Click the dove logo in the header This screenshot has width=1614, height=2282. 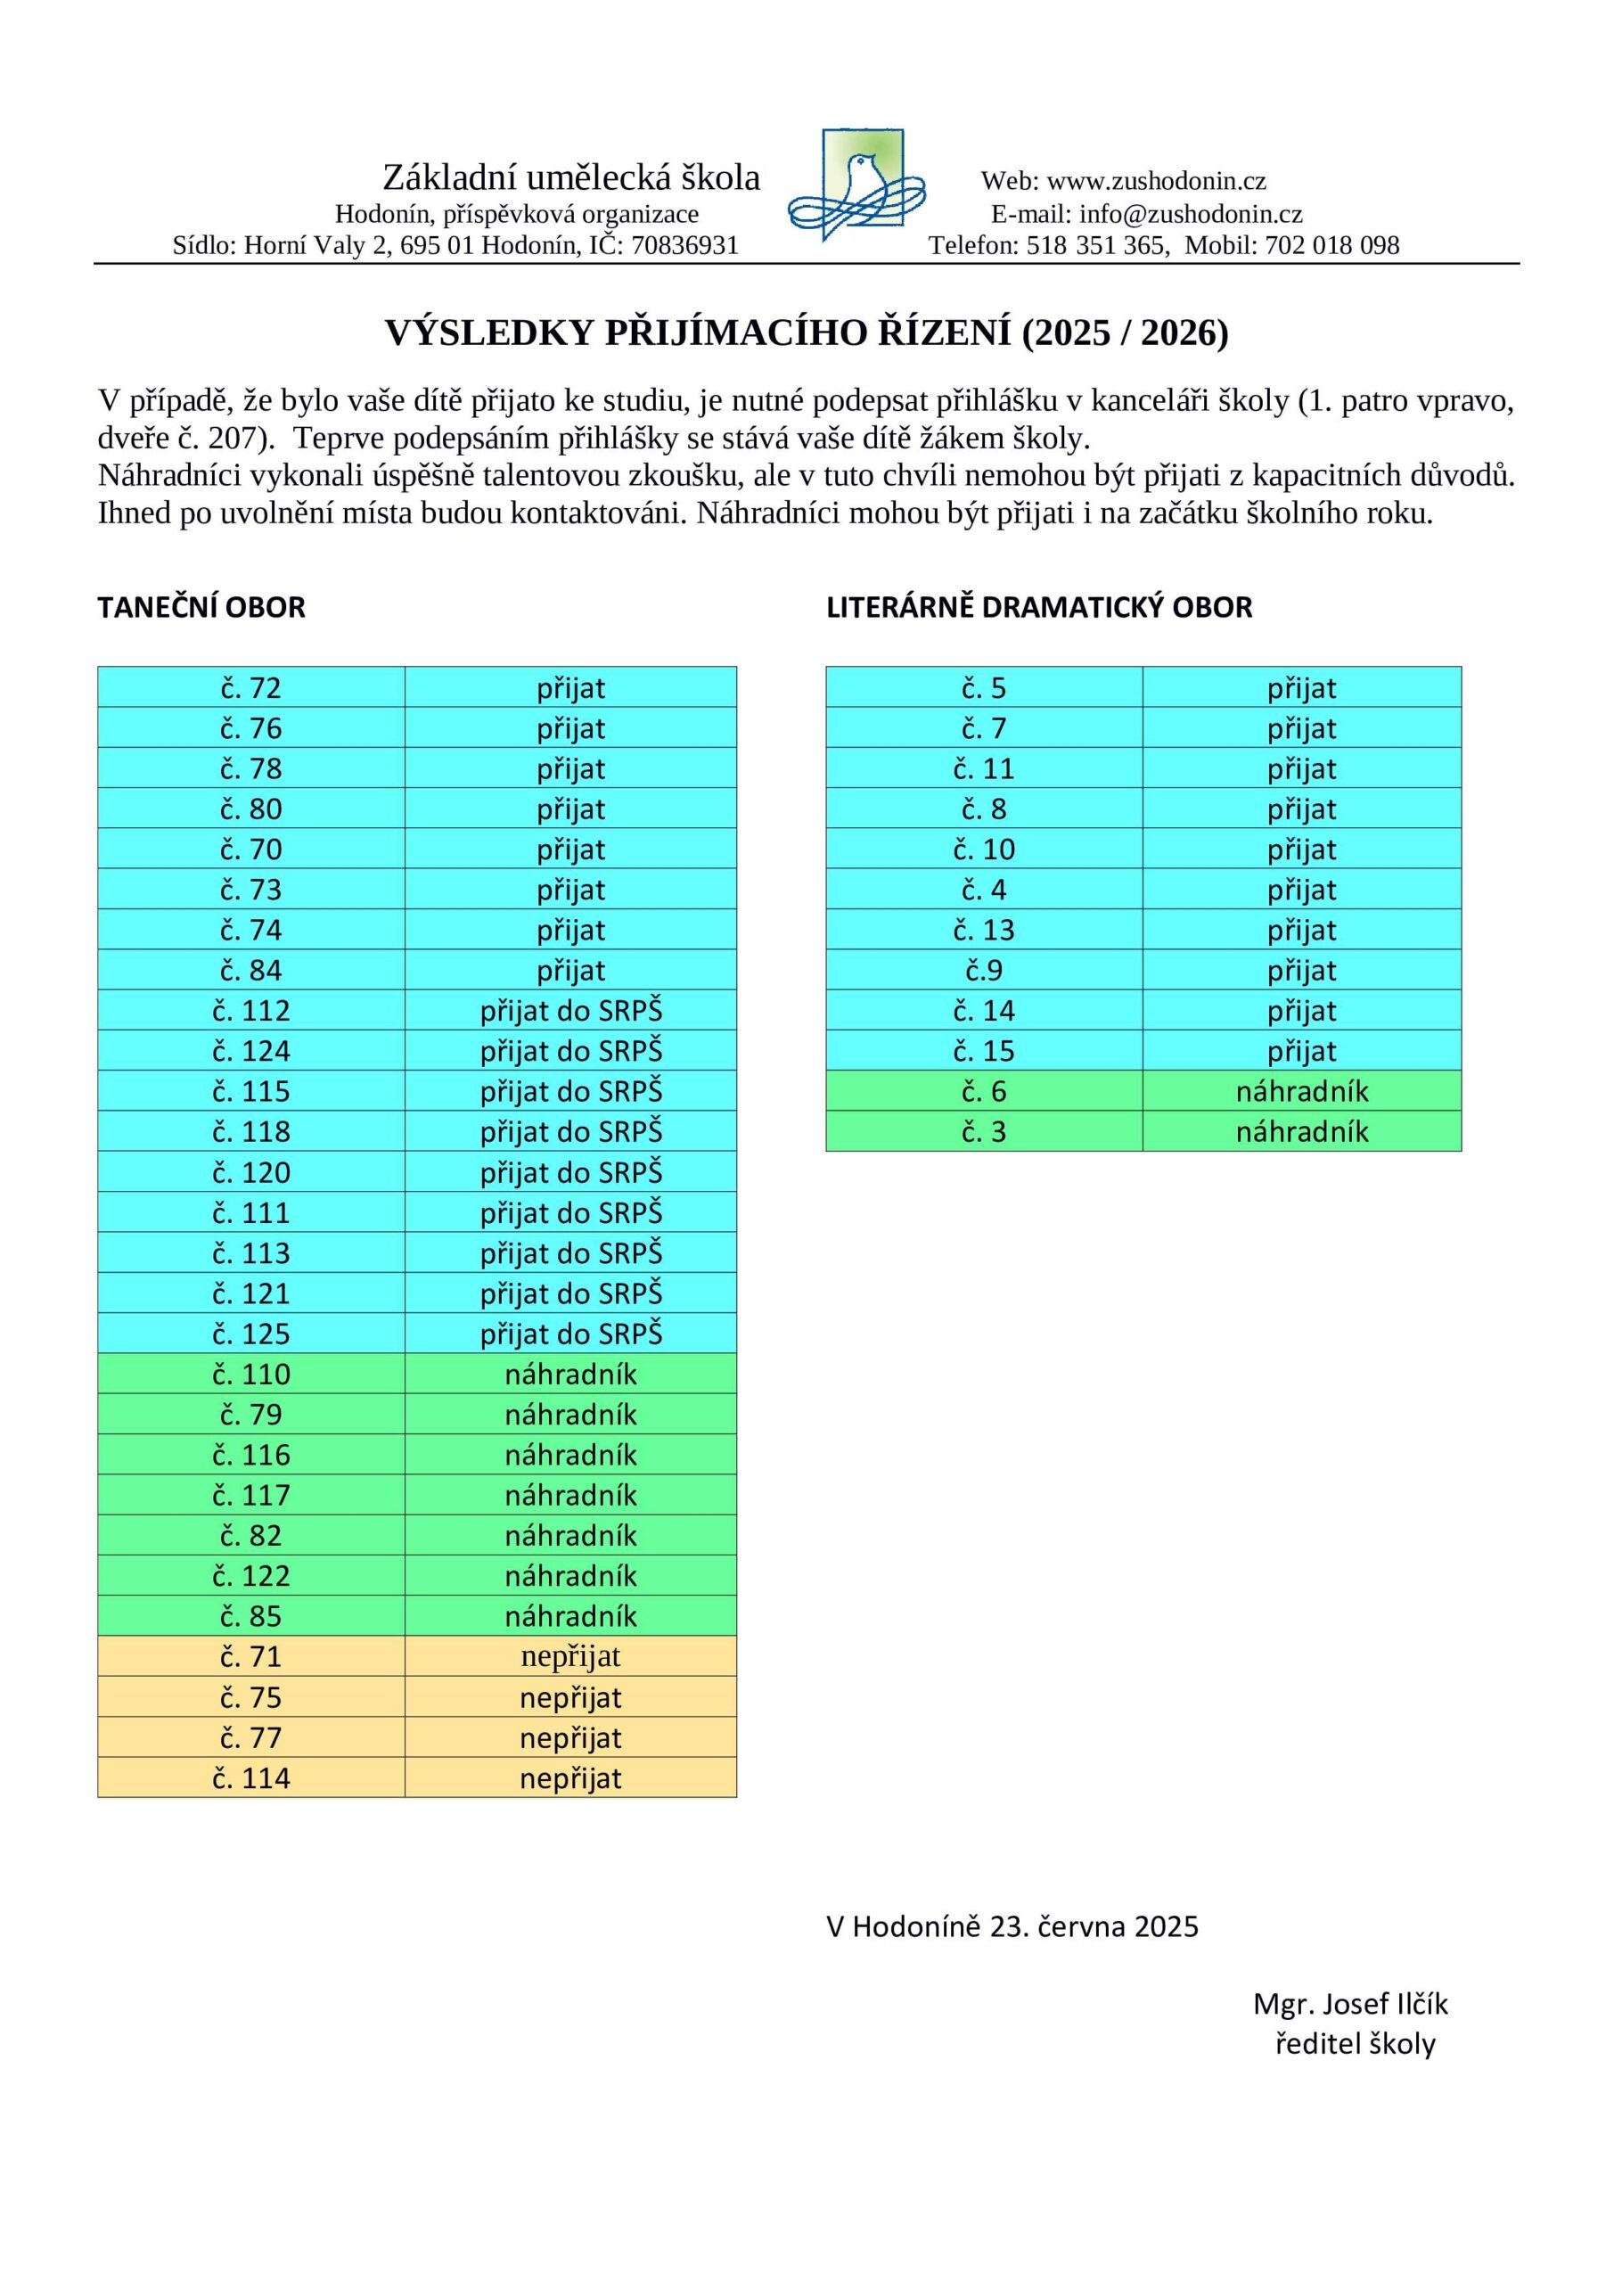tap(856, 185)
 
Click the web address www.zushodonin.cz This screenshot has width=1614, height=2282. tap(1156, 181)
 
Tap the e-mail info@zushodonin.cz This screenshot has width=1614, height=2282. tap(1190, 214)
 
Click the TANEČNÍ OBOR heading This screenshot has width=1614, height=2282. tap(201, 607)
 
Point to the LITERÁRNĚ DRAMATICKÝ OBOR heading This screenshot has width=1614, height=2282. tap(1038, 607)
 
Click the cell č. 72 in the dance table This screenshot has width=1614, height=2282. tap(251, 688)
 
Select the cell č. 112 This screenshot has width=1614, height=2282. tap(251, 1011)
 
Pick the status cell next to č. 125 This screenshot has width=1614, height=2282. tap(570, 1334)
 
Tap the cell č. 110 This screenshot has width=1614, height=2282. tap(251, 1375)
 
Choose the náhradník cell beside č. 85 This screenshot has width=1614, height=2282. tap(570, 1616)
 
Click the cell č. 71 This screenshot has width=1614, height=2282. tap(251, 1657)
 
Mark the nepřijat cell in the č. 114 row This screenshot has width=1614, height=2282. tap(570, 1778)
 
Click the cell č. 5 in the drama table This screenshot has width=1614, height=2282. tap(984, 688)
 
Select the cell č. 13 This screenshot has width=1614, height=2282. tap(984, 931)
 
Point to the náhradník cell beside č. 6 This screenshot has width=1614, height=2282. tap(1302, 1091)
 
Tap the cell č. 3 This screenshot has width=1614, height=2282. tap(984, 1132)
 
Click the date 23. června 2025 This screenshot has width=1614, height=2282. tap(1094, 1926)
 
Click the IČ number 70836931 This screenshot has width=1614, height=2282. tap(684, 245)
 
